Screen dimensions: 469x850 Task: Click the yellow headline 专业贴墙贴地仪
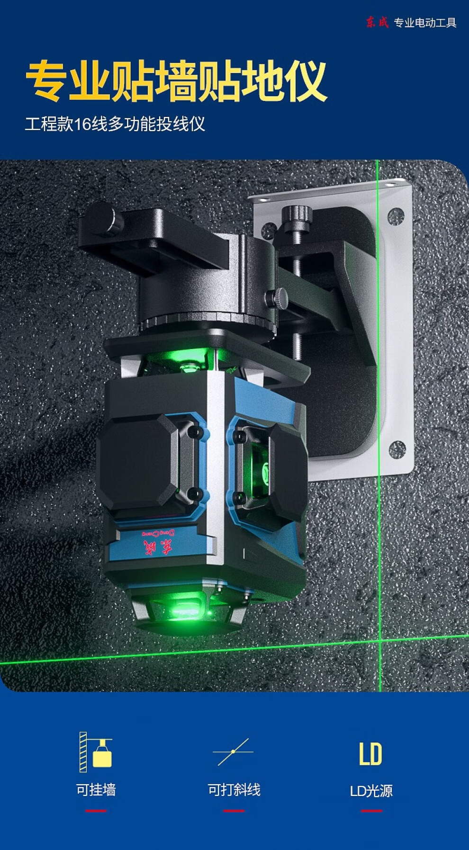pos(176,81)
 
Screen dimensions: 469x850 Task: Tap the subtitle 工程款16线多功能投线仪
pos(115,124)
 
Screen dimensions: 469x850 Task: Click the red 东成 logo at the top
pos(377,22)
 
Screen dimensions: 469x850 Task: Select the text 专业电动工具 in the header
pos(425,23)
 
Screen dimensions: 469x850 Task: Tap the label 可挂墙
pos(96,789)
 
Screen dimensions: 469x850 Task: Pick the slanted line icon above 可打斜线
pos(233,752)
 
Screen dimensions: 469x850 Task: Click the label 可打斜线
pos(234,789)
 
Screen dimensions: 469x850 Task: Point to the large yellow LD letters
pos(370,754)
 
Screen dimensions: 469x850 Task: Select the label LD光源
pos(371,790)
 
